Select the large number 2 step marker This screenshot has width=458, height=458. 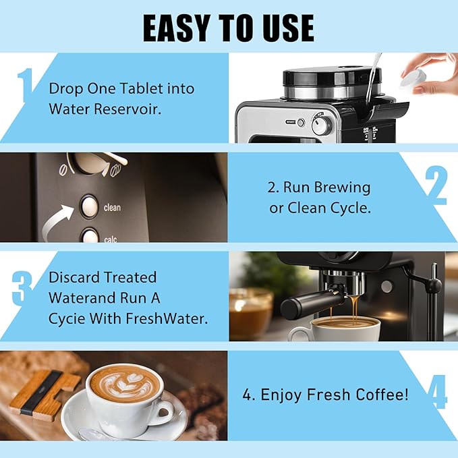[436, 185]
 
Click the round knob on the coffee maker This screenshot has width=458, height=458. [322, 125]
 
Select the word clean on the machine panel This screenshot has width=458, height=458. [112, 208]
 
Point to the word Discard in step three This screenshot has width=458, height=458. [75, 277]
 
